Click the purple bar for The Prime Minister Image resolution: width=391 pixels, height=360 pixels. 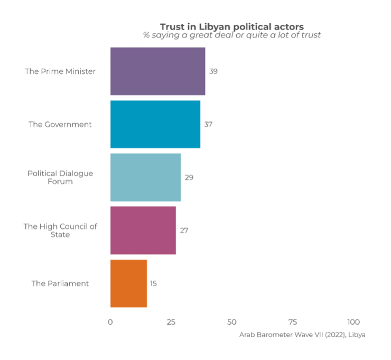[x=157, y=71]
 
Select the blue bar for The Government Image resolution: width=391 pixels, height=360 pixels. [x=155, y=124]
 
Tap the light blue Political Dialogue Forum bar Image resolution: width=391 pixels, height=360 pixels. [x=145, y=177]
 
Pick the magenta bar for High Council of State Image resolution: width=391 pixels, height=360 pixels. [x=143, y=230]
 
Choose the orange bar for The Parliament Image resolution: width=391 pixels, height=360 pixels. [x=128, y=283]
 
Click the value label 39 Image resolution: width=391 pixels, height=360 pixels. [x=213, y=71]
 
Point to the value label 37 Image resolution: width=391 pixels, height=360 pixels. [x=208, y=125]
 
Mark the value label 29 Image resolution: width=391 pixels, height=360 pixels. [x=189, y=177]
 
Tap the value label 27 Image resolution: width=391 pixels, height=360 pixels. [x=184, y=231]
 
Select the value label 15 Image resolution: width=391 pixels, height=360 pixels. [x=153, y=283]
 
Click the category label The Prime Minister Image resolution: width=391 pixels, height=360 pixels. [x=60, y=71]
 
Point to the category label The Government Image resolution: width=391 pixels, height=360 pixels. [x=60, y=125]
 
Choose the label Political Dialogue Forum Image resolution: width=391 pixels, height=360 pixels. [x=60, y=177]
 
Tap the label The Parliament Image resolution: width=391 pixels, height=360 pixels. [x=60, y=283]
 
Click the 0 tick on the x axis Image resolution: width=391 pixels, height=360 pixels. [x=110, y=322]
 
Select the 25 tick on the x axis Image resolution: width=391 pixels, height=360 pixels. [x=171, y=322]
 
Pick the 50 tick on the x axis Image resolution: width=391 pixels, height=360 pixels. [x=231, y=322]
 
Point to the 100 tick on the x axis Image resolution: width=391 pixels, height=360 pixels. [x=353, y=322]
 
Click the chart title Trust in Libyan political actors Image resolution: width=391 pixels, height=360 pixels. [x=232, y=26]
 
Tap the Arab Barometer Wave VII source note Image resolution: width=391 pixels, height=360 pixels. [x=302, y=335]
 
